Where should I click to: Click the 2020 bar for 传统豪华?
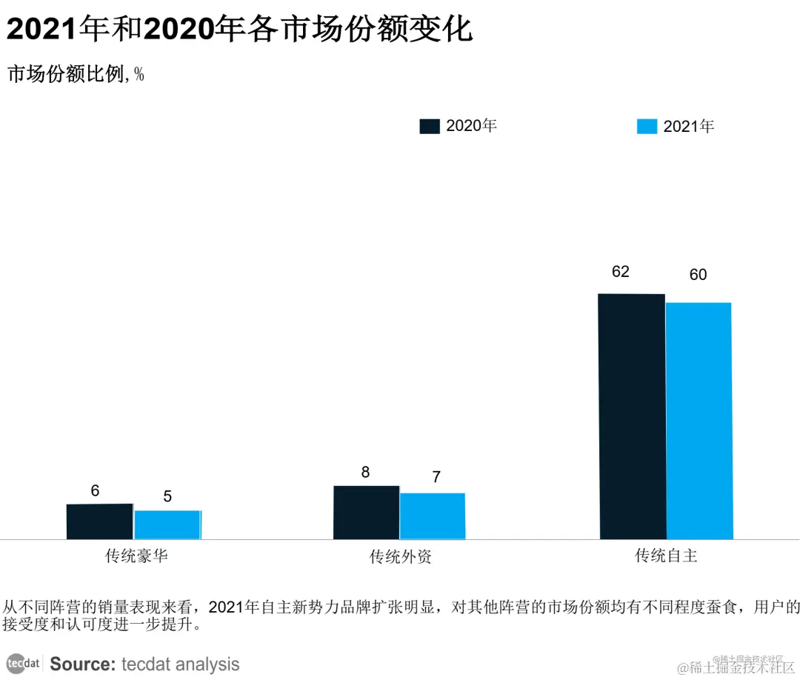pyautogui.click(x=100, y=521)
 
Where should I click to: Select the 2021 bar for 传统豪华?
pyautogui.click(x=167, y=524)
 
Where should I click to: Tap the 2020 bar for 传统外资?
pyautogui.click(x=367, y=513)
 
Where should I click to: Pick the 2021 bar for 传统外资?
pyautogui.click(x=433, y=516)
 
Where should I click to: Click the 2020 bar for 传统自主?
pyautogui.click(x=632, y=416)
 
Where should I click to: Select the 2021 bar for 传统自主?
pyautogui.click(x=699, y=421)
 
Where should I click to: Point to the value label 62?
pyautogui.click(x=621, y=272)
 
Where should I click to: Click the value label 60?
pyautogui.click(x=698, y=275)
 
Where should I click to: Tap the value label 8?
pyautogui.click(x=365, y=473)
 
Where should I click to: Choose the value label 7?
pyautogui.click(x=436, y=477)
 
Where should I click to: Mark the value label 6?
pyautogui.click(x=95, y=490)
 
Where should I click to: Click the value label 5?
pyautogui.click(x=167, y=496)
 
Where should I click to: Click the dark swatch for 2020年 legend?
pyautogui.click(x=430, y=126)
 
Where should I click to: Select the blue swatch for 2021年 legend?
pyautogui.click(x=647, y=127)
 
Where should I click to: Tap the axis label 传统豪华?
pyautogui.click(x=136, y=556)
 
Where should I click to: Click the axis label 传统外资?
pyautogui.click(x=401, y=557)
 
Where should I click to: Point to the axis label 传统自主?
pyautogui.click(x=666, y=556)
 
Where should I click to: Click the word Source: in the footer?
pyautogui.click(x=82, y=664)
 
